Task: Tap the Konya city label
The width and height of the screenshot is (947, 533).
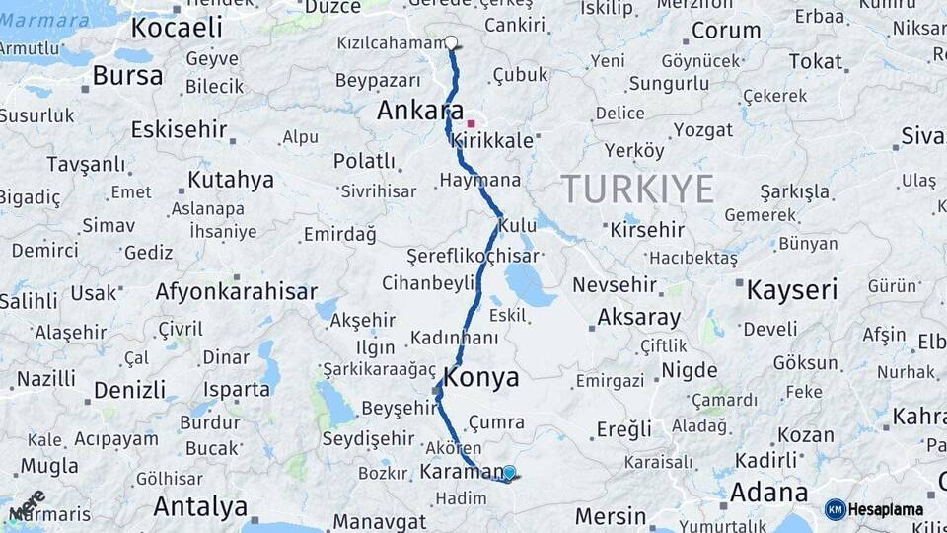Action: [x=481, y=377]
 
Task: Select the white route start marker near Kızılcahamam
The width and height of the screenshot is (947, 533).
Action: [x=451, y=42]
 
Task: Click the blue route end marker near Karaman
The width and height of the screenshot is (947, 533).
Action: [x=509, y=473]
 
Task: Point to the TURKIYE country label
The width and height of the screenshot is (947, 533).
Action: [x=637, y=188]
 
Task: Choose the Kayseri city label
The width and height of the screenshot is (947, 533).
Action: [x=791, y=290]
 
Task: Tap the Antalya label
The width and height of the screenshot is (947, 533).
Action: [x=200, y=507]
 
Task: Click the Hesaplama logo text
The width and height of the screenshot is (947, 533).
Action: [x=886, y=510]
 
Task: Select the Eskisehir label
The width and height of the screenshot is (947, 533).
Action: [x=179, y=129]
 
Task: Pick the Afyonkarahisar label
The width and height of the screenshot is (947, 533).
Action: [x=236, y=291]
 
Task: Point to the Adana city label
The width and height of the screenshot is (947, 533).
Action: [x=768, y=492]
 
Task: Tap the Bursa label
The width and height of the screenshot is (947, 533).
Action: [x=127, y=75]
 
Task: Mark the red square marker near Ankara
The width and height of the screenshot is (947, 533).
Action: [x=472, y=123]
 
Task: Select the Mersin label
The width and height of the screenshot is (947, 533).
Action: [x=610, y=515]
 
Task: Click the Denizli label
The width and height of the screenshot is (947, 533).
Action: [x=129, y=390]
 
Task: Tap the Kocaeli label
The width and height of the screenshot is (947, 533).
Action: [x=177, y=28]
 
